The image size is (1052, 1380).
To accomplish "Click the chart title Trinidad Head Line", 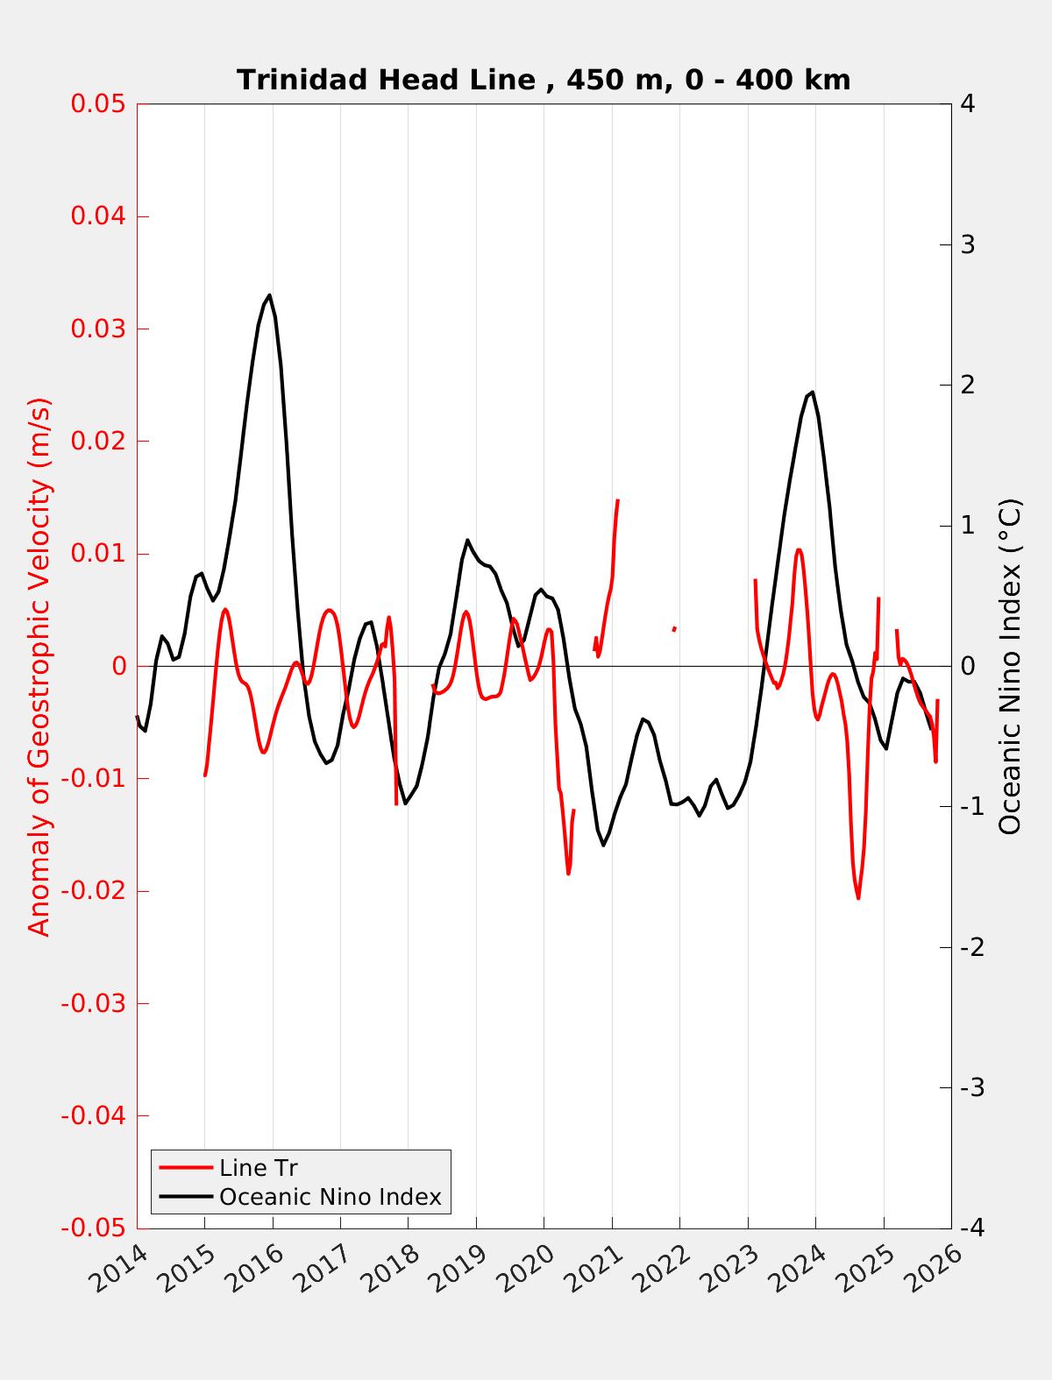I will click(544, 81).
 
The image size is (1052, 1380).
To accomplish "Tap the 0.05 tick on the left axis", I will click(100, 104).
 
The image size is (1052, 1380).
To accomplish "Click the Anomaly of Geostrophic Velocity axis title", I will click(39, 666).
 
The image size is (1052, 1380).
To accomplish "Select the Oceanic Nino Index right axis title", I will click(1011, 666).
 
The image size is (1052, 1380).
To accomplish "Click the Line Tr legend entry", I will click(259, 1168).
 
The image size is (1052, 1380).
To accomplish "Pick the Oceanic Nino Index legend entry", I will click(330, 1196).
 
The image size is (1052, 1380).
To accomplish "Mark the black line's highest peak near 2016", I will click(269, 295).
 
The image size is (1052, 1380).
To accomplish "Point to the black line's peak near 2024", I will click(813, 392).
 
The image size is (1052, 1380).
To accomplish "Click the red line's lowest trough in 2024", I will click(858, 898).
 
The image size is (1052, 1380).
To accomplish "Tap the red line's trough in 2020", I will click(568, 874).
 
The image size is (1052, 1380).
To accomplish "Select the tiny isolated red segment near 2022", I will click(673, 629).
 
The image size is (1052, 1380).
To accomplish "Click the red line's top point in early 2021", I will click(618, 500).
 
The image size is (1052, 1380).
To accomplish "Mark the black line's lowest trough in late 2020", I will click(603, 845).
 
